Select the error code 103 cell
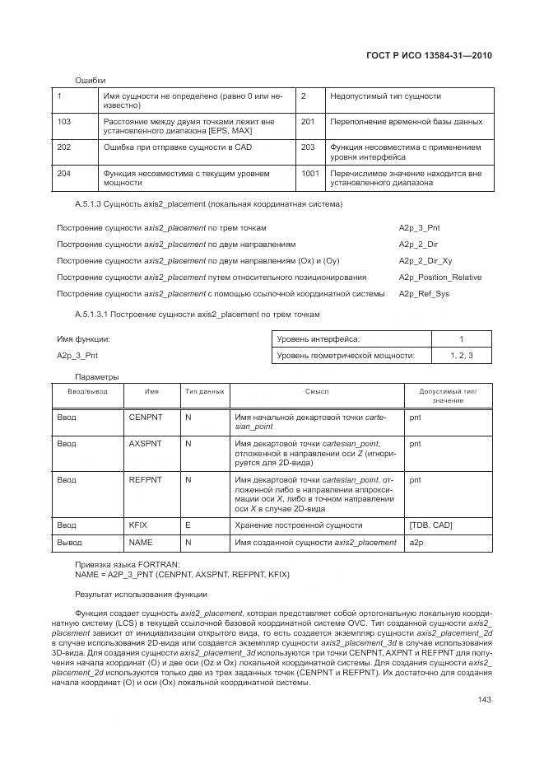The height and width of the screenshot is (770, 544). coord(64,121)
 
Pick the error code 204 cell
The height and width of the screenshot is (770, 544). coord(64,174)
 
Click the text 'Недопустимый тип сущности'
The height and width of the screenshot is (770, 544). coord(385,96)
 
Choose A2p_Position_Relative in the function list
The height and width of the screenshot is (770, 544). coord(440,277)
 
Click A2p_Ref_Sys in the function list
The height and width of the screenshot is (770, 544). coord(424,293)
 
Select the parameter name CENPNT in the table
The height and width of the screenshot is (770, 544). coord(146,418)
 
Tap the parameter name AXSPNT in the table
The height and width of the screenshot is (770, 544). coord(146,443)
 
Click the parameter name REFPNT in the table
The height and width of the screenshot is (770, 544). coord(146,478)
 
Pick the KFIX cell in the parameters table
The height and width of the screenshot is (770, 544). coord(137,525)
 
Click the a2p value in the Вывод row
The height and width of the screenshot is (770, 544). coord(416,542)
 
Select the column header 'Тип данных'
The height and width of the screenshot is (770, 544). coord(204,392)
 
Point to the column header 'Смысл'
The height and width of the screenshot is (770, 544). coord(317,392)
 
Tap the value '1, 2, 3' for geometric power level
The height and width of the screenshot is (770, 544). coord(461,355)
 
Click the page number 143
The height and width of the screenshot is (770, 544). coord(484,700)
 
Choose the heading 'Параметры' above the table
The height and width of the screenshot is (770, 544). coord(97,376)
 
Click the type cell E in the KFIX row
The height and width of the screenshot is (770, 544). coord(188,525)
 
